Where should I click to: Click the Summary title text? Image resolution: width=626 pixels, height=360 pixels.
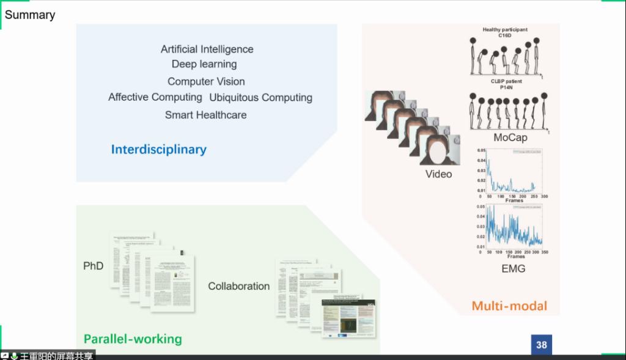coord(30,15)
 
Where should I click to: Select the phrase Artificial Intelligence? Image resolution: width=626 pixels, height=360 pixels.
coord(207,50)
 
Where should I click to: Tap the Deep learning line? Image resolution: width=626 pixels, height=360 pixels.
coord(204,64)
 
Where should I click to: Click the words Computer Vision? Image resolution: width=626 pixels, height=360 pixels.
coord(206,81)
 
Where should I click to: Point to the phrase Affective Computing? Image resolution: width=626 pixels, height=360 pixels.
coord(155,97)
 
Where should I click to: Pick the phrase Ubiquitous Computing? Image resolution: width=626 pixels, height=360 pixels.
coord(260,97)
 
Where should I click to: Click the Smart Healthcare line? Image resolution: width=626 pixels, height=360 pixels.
coord(205,114)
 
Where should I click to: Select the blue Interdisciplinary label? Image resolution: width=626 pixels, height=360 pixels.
coord(159,149)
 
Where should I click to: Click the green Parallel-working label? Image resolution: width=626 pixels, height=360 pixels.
coord(133,339)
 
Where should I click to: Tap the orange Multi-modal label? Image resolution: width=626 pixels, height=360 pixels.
coord(509,306)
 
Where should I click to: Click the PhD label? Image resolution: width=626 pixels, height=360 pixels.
coord(94,266)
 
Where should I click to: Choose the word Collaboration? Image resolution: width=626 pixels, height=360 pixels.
coord(238,286)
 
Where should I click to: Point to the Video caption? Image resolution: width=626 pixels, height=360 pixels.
coord(438,174)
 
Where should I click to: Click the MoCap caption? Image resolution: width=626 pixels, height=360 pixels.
coord(510,138)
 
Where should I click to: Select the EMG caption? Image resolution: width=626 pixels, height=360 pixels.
coord(514,268)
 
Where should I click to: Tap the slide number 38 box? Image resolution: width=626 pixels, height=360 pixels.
coord(541,345)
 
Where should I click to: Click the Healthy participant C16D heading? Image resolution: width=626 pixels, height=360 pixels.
coord(505,32)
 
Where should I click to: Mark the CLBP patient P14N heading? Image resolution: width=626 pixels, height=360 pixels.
coord(505,84)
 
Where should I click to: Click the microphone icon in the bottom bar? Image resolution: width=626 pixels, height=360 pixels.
coord(13,356)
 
